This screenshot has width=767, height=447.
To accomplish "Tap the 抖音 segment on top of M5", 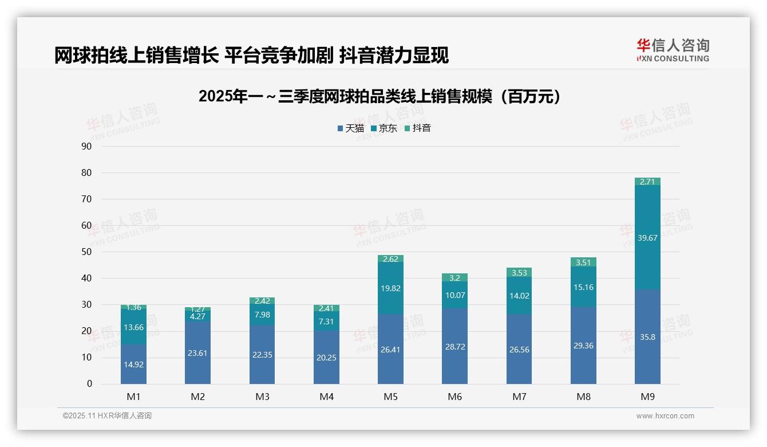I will coord(390,258).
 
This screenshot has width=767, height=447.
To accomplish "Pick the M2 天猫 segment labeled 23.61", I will coord(197,353).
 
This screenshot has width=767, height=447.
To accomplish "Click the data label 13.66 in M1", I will coord(133,327).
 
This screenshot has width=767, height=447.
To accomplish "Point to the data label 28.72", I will coord(454,347).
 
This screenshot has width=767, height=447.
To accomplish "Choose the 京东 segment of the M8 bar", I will coord(583,287).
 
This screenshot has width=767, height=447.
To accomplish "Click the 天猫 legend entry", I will coord(350,128).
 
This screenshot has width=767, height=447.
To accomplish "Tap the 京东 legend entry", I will coord(384,128).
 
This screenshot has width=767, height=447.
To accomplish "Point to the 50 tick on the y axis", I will coord(86,252).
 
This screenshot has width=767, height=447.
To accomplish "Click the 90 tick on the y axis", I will coord(86,146).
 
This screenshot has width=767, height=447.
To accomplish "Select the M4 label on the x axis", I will coord(326,397).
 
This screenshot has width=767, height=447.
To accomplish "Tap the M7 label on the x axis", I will coord(519,397).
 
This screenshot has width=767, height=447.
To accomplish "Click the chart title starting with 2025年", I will coord(379,96).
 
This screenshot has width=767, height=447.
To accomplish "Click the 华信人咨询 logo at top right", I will coord(673,50).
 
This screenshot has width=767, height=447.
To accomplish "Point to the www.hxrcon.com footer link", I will coord(665,416).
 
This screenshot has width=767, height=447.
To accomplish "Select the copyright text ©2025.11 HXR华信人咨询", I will coord(107,416).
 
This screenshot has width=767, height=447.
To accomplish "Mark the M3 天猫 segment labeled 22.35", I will coord(262,355).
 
